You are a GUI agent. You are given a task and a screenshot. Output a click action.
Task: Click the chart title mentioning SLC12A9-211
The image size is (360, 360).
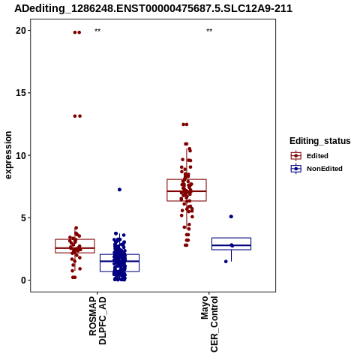click(153, 8)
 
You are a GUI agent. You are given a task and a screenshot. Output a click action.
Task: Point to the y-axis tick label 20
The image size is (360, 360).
click(21, 31)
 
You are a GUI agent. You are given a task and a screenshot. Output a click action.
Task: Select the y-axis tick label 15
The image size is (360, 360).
click(21, 93)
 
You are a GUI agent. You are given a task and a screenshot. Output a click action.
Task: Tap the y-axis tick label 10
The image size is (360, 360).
click(21, 155)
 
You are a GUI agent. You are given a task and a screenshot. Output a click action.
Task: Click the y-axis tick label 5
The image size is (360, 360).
click(24, 217)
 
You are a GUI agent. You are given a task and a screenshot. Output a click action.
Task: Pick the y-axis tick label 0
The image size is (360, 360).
click(24, 280)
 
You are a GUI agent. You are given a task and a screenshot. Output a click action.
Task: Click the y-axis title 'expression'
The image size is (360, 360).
click(8, 155)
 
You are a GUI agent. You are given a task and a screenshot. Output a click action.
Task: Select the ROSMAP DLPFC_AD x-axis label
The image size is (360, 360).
click(97, 321)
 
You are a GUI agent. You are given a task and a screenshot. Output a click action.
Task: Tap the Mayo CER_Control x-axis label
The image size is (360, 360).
click(209, 324)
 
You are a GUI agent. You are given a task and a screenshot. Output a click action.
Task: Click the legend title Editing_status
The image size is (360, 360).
click(320, 141)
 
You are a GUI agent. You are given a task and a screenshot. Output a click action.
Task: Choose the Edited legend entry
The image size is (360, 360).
click(310, 156)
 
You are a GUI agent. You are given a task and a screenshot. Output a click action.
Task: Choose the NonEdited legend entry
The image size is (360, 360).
click(316, 169)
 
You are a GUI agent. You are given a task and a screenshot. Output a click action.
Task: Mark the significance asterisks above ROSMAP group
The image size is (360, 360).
click(97, 31)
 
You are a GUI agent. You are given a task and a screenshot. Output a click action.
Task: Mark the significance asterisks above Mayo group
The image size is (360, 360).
click(209, 31)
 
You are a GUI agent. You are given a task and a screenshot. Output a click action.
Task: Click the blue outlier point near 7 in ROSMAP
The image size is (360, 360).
click(119, 190)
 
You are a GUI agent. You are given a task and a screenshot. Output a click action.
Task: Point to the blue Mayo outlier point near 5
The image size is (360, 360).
click(231, 217)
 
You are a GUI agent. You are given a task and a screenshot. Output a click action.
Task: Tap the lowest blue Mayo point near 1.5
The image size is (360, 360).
click(226, 262)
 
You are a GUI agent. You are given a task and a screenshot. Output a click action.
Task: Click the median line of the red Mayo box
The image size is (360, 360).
click(187, 191)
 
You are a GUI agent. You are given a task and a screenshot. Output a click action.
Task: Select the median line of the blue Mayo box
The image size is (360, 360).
click(231, 245)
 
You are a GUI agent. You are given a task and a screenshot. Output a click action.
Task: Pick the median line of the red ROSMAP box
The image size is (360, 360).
click(75, 248)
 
